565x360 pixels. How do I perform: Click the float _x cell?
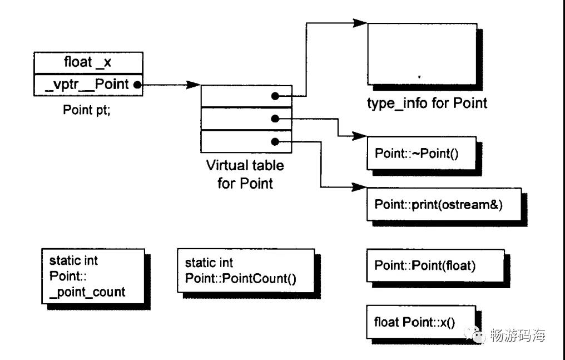point(88,63)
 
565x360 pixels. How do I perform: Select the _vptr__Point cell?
point(88,85)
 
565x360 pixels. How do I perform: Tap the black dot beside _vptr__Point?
point(137,85)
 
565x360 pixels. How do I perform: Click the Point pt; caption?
point(87,110)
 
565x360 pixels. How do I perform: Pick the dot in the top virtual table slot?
point(275,96)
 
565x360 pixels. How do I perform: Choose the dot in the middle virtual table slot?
point(275,119)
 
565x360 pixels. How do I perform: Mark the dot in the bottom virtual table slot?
point(275,142)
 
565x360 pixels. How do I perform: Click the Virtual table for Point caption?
point(245,174)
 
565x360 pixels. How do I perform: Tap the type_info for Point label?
point(427,103)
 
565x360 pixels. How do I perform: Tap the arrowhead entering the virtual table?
point(193,85)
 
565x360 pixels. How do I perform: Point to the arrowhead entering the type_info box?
point(360,23)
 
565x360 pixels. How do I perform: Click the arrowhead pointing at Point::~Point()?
point(359,136)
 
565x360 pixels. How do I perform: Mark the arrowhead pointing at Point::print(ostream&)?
point(359,187)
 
